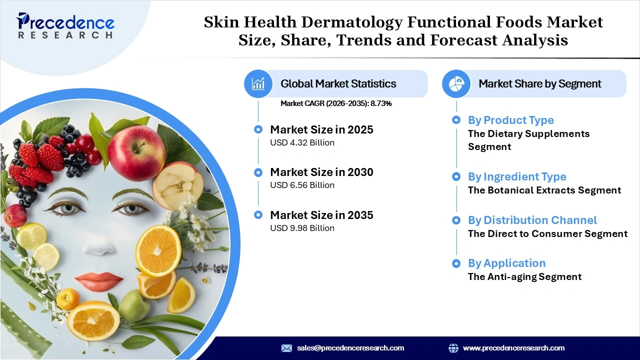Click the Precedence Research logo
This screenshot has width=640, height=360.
(65, 25)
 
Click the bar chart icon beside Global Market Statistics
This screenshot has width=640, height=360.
(258, 83)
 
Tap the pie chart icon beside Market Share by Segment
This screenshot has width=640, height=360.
(456, 83)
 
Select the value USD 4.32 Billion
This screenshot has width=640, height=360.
(302, 142)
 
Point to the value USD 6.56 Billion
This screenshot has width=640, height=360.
(302, 185)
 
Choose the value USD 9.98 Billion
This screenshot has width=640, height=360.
(302, 228)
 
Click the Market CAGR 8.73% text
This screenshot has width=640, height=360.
(336, 103)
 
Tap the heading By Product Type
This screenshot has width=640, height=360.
(510, 120)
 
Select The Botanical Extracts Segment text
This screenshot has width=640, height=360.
(544, 190)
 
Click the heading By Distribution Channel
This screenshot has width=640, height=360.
(532, 220)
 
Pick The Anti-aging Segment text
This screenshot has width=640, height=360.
(524, 276)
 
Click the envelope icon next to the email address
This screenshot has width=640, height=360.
(286, 348)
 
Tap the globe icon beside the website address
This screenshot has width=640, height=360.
(453, 348)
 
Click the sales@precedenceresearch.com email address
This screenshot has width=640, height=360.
(350, 348)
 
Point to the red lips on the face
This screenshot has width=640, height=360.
(98, 281)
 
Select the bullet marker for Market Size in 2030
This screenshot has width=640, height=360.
(258, 172)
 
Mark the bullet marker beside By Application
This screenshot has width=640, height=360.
(456, 263)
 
